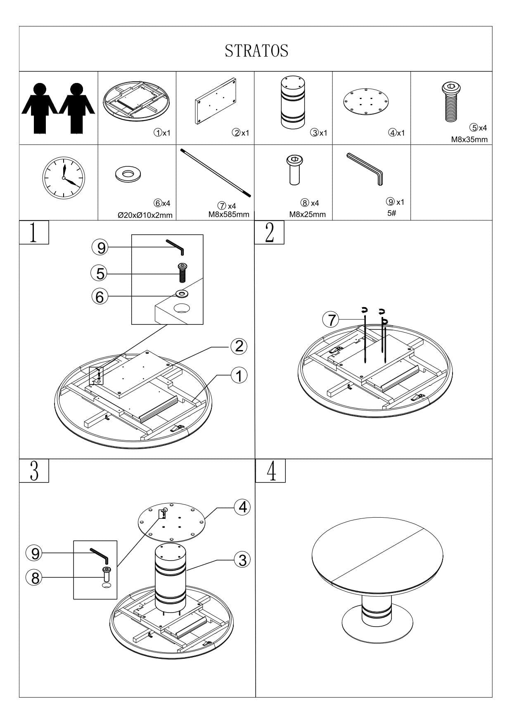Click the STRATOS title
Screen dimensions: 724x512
coord(256,51)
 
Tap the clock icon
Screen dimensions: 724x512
coord(63,178)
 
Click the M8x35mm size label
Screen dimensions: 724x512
coord(469,139)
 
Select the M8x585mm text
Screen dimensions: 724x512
coord(229,214)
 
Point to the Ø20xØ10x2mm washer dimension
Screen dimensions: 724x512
coord(145,215)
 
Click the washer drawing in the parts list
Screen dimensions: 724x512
coord(130,174)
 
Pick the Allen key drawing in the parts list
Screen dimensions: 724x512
coord(365,169)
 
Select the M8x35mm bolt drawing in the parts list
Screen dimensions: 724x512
coord(451,101)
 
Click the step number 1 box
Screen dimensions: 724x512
coord(34,232)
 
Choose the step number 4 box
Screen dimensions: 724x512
coord(270,471)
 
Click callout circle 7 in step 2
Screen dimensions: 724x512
coord(330,319)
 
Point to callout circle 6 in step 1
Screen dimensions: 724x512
coord(100,296)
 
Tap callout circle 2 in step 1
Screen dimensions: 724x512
coord(239,346)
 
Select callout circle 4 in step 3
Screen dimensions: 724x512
coord(242,506)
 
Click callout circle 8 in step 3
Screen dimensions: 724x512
coord(34,577)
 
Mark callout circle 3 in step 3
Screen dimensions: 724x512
coord(242,560)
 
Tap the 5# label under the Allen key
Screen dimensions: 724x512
coord(392,213)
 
